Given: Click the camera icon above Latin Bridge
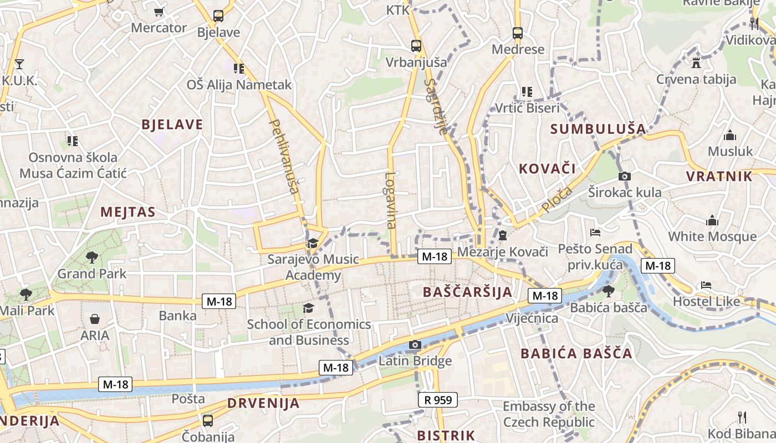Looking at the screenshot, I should point(415,345).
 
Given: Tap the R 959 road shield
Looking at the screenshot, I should point(437,399).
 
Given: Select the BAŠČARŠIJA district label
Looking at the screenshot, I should point(467,292).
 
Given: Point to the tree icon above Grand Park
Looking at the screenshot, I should point(91,257).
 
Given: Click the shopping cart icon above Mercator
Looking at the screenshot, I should point(159,12).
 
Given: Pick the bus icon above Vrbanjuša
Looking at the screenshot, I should point(416,45).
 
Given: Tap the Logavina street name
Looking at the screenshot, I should point(391,200).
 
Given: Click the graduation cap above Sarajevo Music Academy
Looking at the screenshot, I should point(313,243).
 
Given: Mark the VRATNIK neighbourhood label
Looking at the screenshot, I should point(719,177).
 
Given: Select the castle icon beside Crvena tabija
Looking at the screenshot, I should point(696,62).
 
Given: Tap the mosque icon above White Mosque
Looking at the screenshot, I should point(712,220).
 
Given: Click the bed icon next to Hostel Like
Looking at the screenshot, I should point(706,285).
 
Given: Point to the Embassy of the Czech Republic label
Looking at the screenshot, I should point(549,414).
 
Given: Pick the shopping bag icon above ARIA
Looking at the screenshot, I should point(95,319).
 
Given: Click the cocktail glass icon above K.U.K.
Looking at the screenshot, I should point(19,64).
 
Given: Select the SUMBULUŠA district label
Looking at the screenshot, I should point(598,129).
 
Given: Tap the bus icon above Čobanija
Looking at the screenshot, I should point(208,420).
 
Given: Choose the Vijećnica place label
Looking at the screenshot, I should point(532,318).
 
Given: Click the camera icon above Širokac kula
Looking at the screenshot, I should point(625,176).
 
